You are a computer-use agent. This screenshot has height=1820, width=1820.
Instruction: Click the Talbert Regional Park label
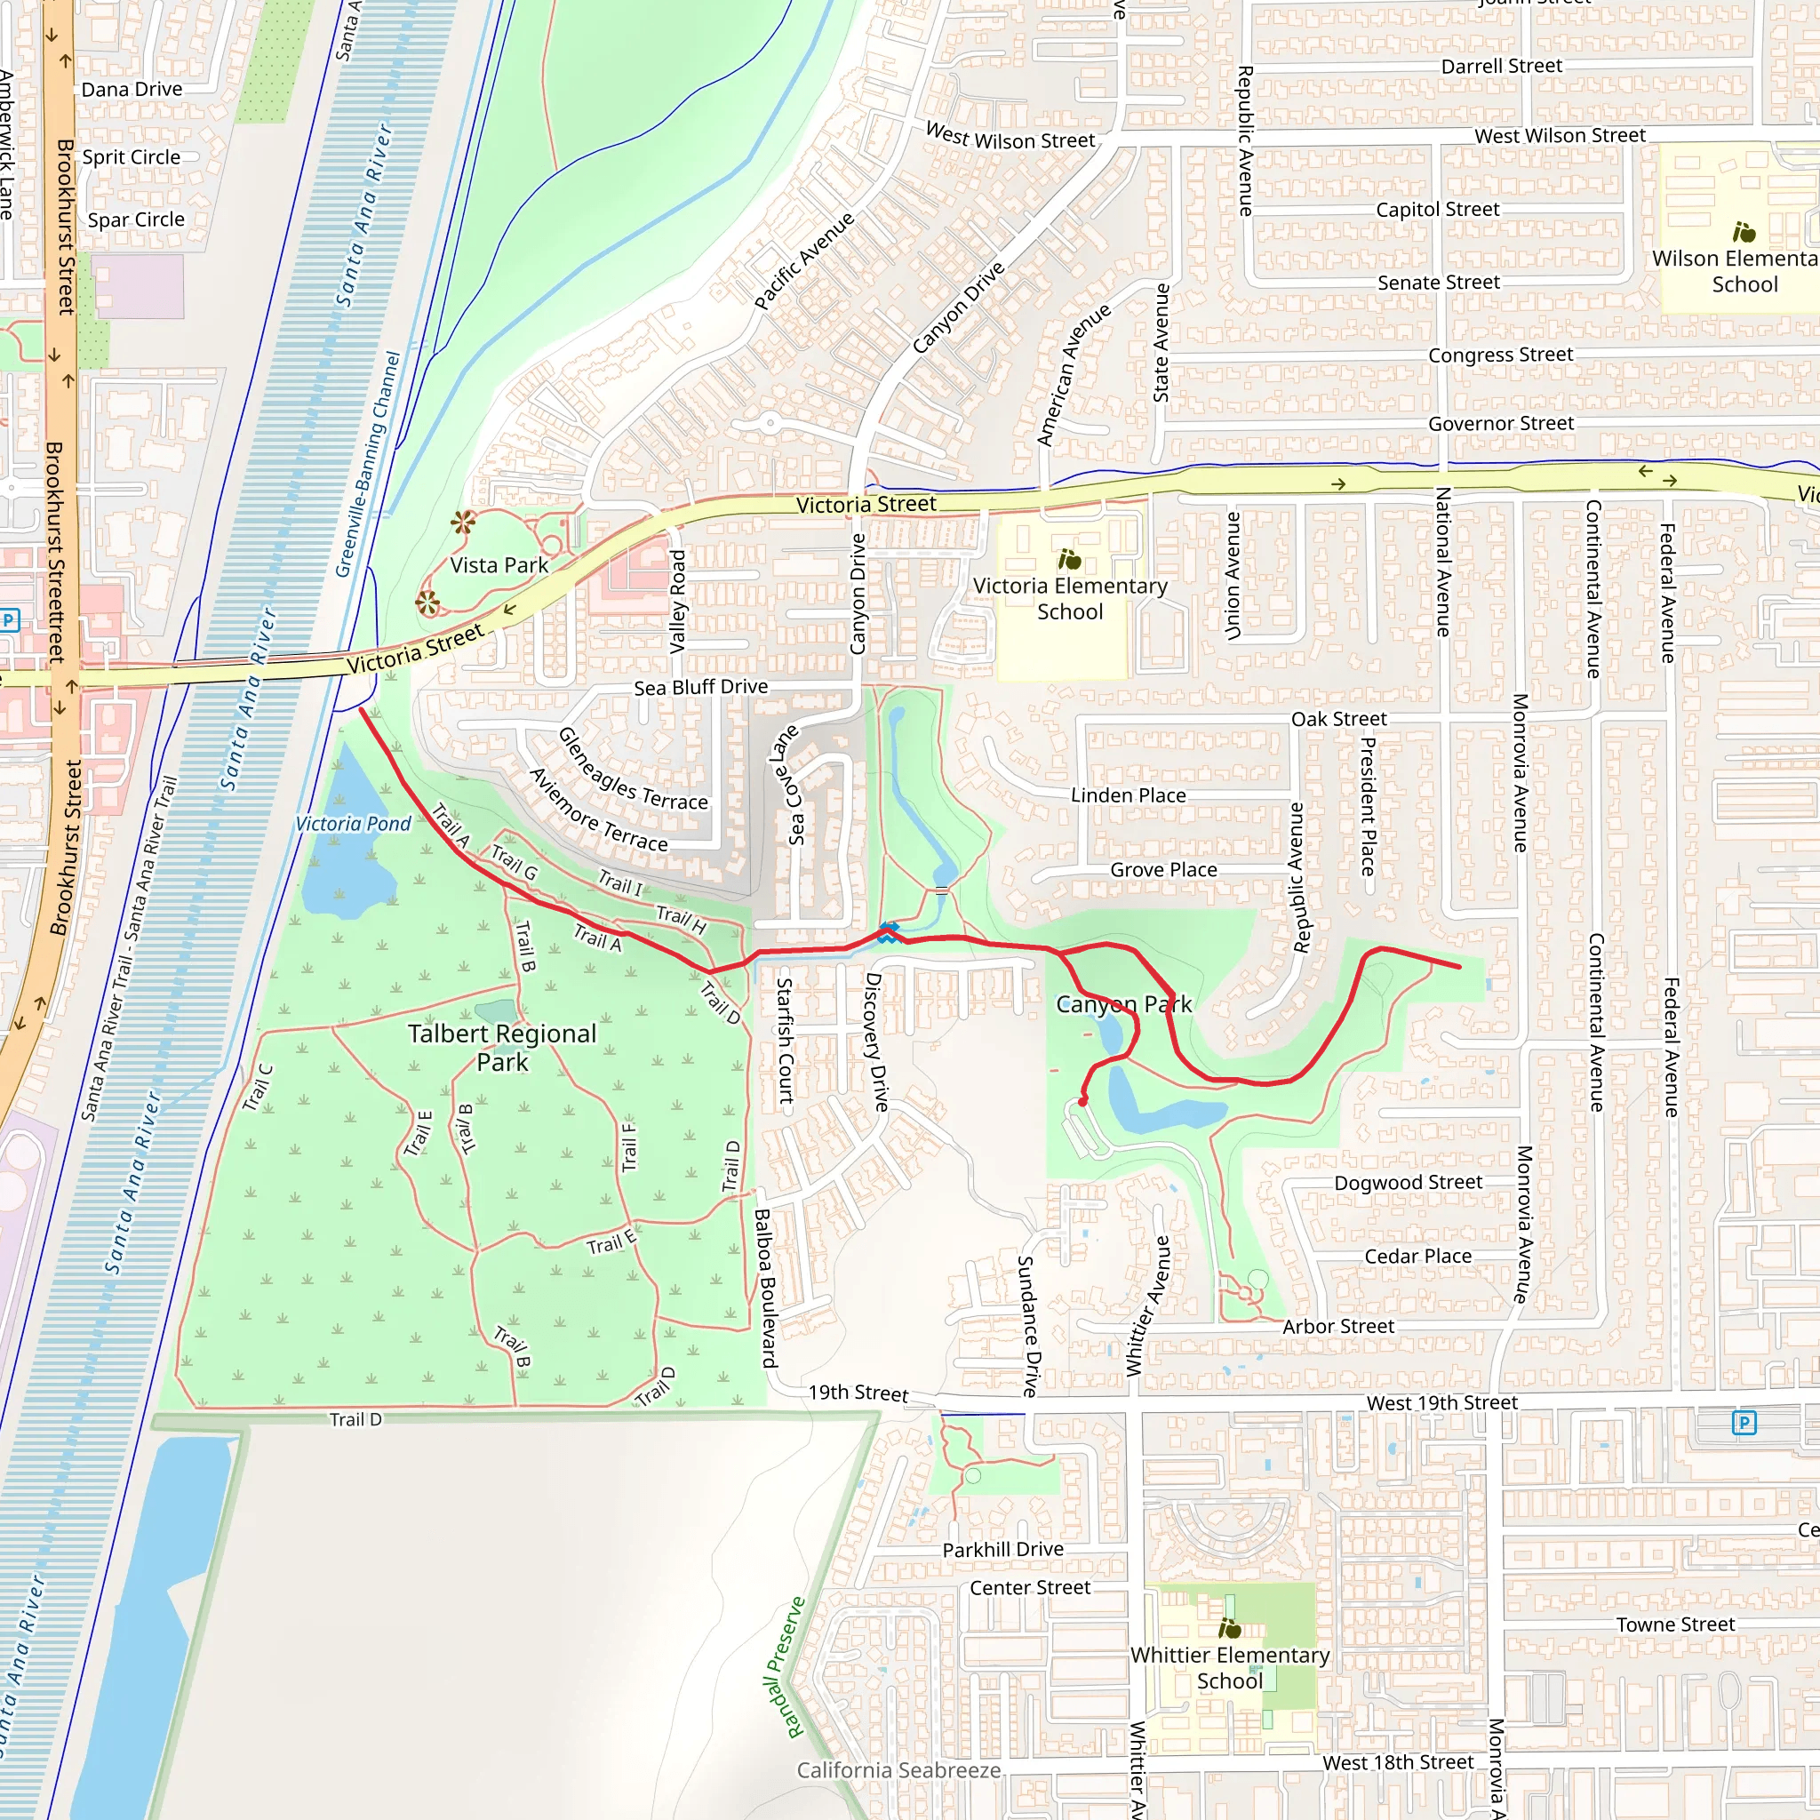pyautogui.click(x=502, y=1047)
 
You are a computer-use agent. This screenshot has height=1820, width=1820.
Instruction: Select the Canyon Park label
pyautogui.click(x=1123, y=1004)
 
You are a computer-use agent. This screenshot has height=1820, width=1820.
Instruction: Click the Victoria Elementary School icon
pyautogui.click(x=1069, y=561)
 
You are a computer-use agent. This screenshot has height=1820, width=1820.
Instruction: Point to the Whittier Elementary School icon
pyautogui.click(x=1229, y=1628)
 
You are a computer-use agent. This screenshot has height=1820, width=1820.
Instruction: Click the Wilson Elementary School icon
pyautogui.click(x=1744, y=232)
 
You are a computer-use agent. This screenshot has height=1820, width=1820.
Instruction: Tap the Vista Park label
pyautogui.click(x=499, y=565)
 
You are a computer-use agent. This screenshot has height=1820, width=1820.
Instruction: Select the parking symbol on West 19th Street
pyautogui.click(x=1743, y=1423)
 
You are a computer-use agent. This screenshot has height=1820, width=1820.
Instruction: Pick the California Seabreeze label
pyautogui.click(x=898, y=1770)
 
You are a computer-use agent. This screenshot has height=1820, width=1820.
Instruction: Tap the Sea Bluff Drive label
pyautogui.click(x=700, y=687)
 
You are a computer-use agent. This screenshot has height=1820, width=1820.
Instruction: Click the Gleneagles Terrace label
pyautogui.click(x=632, y=770)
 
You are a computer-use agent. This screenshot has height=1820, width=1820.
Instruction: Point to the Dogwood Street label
pyautogui.click(x=1408, y=1182)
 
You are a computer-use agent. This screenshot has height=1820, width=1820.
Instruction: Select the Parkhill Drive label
pyautogui.click(x=1002, y=1550)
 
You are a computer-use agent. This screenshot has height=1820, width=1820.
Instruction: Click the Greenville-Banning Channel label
pyautogui.click(x=368, y=465)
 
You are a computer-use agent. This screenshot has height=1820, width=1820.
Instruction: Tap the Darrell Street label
pyautogui.click(x=1501, y=66)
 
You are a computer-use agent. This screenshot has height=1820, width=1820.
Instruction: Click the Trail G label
pyautogui.click(x=515, y=863)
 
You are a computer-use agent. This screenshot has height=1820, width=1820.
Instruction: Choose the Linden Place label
pyautogui.click(x=1128, y=795)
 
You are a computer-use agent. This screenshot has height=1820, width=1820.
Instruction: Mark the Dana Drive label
pyautogui.click(x=132, y=90)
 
